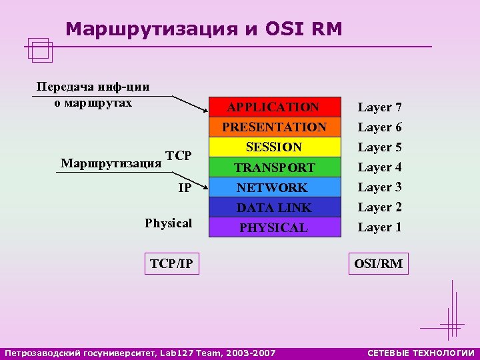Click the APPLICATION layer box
coord(273,107)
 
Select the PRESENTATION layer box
coord(274,127)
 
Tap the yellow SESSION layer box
coord(274,147)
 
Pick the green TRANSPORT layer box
coord(274,167)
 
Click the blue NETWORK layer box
coord(274,188)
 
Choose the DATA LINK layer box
coord(274,208)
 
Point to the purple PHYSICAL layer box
coord(274,228)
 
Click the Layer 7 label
coord(379,107)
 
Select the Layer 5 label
coord(379,147)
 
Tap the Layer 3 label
coord(379,188)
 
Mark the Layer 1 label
coord(379,228)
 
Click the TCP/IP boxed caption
coord(171,264)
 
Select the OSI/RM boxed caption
coord(378,264)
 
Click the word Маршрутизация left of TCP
coord(111,163)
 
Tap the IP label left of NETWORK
coord(185,189)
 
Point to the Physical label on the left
coord(168,223)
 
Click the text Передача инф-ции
coord(93,87)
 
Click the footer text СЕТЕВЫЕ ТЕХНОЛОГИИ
coord(421,352)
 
